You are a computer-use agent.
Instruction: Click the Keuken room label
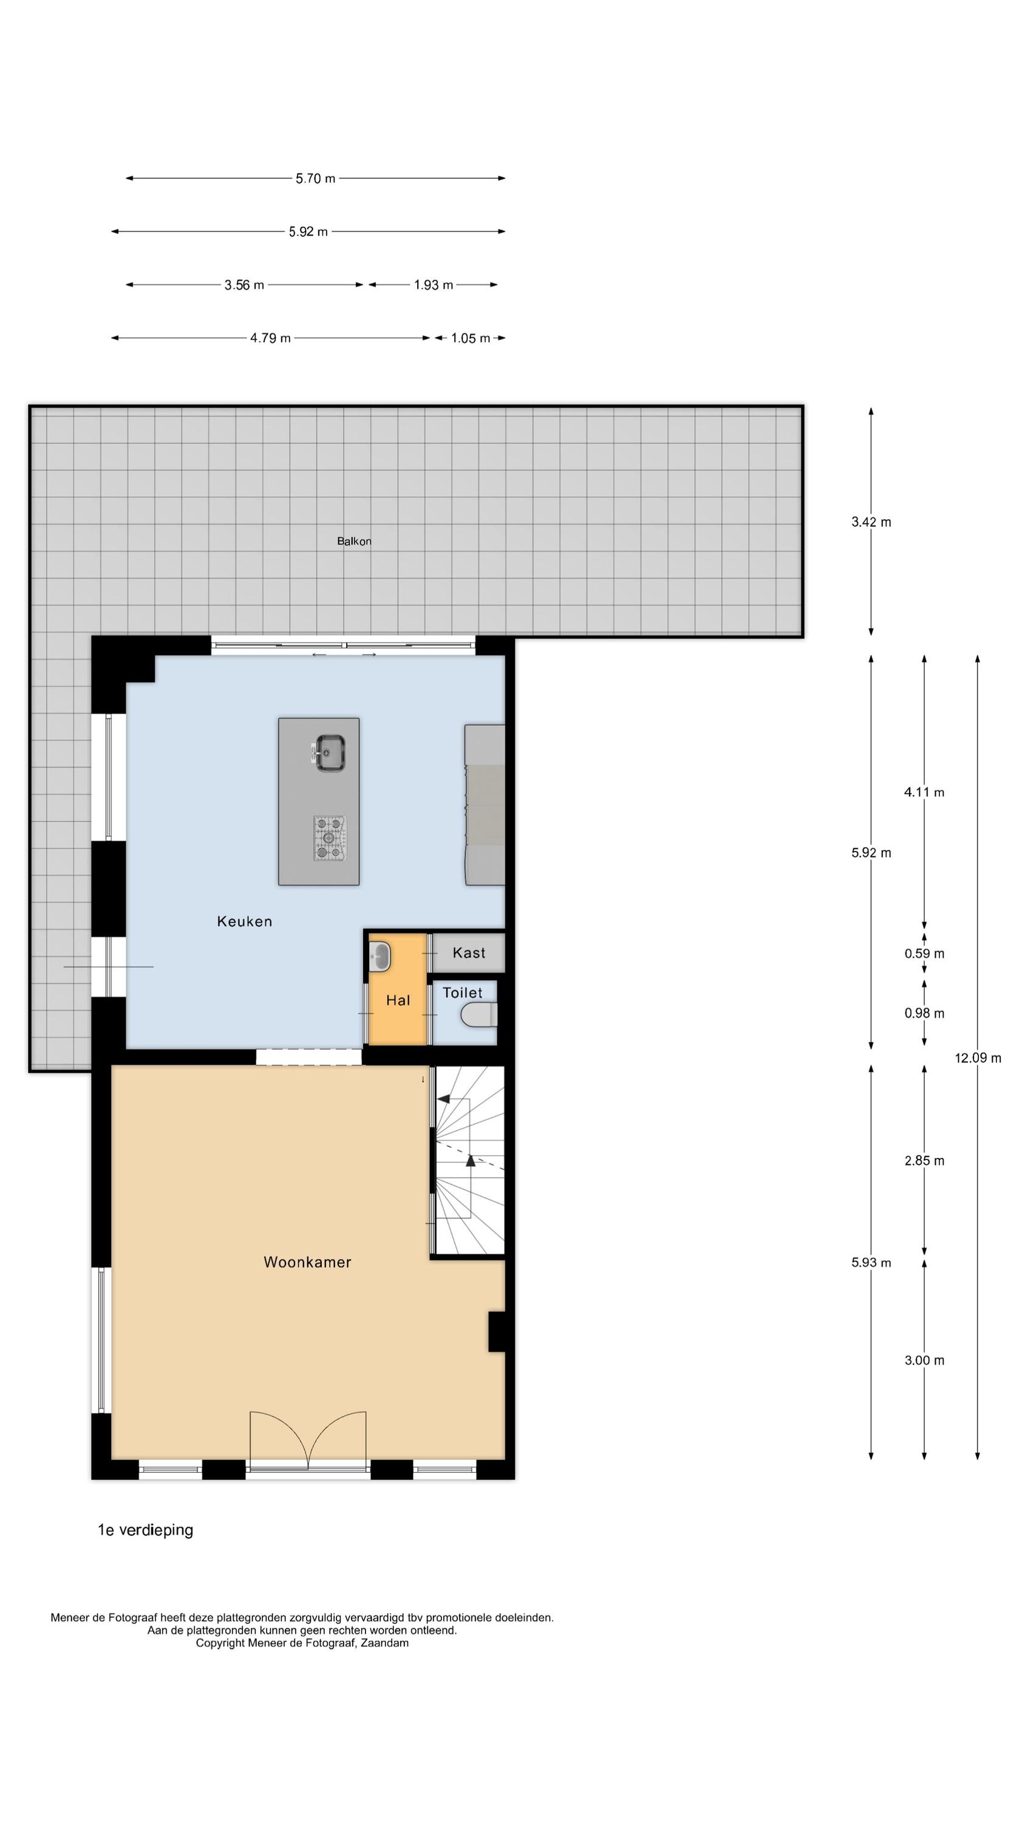click(244, 921)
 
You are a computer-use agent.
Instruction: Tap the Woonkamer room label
click(307, 1262)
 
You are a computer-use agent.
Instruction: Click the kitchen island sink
click(330, 753)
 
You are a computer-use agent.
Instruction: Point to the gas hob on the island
click(329, 838)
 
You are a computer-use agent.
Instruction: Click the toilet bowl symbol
click(479, 1015)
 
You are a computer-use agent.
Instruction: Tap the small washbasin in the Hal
click(380, 957)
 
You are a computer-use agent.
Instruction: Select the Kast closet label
click(468, 953)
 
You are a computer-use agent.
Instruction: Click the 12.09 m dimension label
click(978, 1058)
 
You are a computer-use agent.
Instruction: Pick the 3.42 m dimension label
click(871, 522)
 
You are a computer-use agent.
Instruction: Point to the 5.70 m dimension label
click(316, 178)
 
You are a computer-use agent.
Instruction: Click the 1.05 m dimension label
click(471, 338)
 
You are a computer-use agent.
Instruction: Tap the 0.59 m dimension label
click(924, 954)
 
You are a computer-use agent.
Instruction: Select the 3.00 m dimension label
click(924, 1360)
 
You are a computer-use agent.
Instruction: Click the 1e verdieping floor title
click(145, 1530)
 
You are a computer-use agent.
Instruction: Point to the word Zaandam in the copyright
click(385, 1643)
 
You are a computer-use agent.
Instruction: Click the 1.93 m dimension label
click(433, 285)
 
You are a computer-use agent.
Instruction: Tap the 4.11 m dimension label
click(924, 792)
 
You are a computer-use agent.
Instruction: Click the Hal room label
click(398, 1000)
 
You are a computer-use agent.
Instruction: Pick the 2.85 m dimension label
click(924, 1161)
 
